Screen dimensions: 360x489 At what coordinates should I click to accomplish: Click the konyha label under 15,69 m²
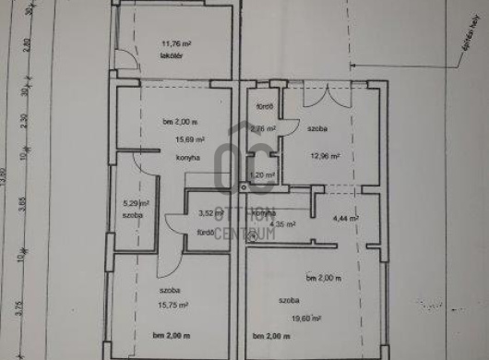coord(177,157)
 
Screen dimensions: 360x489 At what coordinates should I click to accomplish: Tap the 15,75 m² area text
coord(173,305)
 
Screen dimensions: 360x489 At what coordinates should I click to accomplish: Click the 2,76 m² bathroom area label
coord(264,129)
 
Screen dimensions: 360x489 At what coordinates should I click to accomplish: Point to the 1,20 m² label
coord(264,174)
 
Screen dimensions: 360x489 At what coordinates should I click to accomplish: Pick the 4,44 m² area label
coord(345,219)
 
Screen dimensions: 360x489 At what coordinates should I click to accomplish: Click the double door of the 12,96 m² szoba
coord(327,96)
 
